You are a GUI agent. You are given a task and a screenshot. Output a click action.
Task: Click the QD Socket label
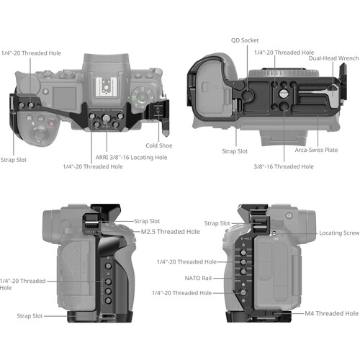[245, 40]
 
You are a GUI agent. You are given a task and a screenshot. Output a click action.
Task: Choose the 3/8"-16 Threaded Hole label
[283, 166]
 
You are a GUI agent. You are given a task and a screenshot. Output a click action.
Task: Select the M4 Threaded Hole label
[331, 313]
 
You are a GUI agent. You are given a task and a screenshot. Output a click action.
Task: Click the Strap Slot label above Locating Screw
[222, 223]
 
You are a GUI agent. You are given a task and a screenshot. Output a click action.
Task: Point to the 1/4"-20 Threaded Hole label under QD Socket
[284, 53]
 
